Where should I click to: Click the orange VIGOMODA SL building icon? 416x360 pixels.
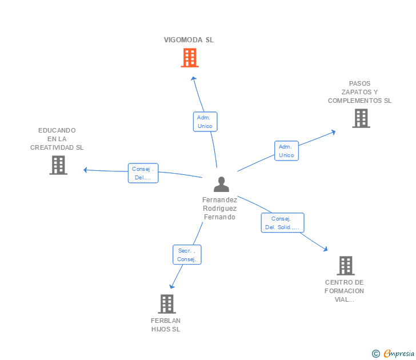tap(189, 58)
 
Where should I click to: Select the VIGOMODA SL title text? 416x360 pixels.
tap(189, 40)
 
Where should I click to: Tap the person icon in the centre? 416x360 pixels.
tap(221, 184)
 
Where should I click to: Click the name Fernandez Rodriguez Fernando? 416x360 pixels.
tap(219, 209)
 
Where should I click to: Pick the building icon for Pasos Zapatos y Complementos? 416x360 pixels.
tap(361, 118)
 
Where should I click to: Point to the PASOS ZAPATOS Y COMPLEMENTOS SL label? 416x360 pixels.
tap(359, 92)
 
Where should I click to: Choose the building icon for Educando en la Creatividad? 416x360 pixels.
tap(58, 165)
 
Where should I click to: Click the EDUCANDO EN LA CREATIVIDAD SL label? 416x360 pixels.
tap(57, 139)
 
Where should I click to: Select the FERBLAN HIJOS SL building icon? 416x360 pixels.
tap(166, 304)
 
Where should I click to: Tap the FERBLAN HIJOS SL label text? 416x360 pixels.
tap(166, 325)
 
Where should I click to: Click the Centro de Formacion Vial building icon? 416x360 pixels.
tap(345, 266)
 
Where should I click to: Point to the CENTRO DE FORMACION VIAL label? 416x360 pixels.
tap(344, 291)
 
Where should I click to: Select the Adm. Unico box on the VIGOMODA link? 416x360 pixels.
tap(205, 122)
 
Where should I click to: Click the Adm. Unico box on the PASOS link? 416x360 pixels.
tap(286, 151)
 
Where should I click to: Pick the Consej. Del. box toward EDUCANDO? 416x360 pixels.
tap(143, 173)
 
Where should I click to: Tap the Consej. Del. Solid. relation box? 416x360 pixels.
tap(282, 223)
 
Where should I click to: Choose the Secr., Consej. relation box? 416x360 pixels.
tap(187, 255)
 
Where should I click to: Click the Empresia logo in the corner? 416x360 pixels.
tap(394, 353)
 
